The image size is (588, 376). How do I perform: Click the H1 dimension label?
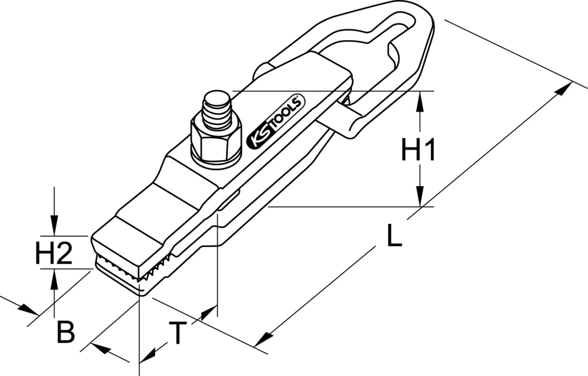pyautogui.click(x=418, y=151)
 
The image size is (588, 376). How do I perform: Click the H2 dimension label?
pyautogui.click(x=54, y=254)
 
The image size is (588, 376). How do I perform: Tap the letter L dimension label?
pyautogui.click(x=394, y=237)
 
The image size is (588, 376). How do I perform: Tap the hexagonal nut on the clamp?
pyautogui.click(x=216, y=139)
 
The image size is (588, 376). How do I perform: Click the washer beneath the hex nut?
pyautogui.click(x=218, y=159)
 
